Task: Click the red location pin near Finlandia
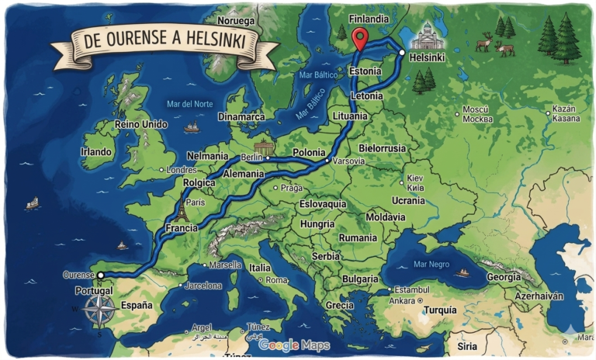(359, 37)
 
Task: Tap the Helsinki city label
(426, 58)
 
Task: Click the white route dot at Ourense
(100, 275)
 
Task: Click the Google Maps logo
(293, 345)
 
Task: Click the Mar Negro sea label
(432, 264)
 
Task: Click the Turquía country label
(440, 310)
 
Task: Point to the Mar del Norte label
(189, 104)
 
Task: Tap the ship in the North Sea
(191, 126)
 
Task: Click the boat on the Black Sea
(463, 272)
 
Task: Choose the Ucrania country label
(408, 200)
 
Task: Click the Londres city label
(182, 169)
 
